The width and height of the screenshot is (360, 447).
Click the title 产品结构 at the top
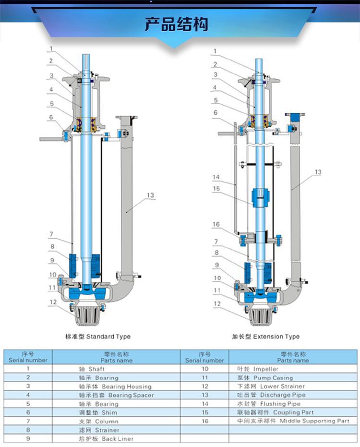[x=177, y=24]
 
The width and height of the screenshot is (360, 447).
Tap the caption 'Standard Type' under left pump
[x=108, y=337]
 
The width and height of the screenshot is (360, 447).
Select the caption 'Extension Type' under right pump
[x=276, y=337]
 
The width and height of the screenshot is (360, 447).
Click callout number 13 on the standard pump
[x=150, y=195]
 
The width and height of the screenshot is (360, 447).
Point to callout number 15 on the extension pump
[x=216, y=189]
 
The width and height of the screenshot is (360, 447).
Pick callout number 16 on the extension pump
[x=216, y=224]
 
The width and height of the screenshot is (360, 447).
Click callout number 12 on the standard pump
[x=53, y=302]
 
